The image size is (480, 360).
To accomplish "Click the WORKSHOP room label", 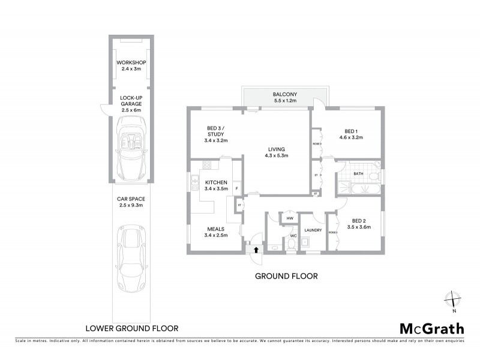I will tap(131, 63).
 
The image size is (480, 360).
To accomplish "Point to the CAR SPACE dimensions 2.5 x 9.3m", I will tap(131, 205).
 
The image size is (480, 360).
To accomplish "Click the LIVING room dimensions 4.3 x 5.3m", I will tap(276, 156).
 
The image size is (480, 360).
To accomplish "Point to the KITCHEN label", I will tap(215, 182).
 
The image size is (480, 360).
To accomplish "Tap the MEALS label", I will tap(215, 228).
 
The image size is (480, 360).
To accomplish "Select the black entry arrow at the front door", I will tap(257, 250).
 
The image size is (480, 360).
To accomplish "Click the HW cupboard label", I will tap(290, 218).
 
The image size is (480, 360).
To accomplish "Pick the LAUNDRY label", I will tap(313, 230).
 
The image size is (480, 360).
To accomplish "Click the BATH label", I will tap(358, 174).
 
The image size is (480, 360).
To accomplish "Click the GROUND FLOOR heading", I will tap(286, 277).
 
